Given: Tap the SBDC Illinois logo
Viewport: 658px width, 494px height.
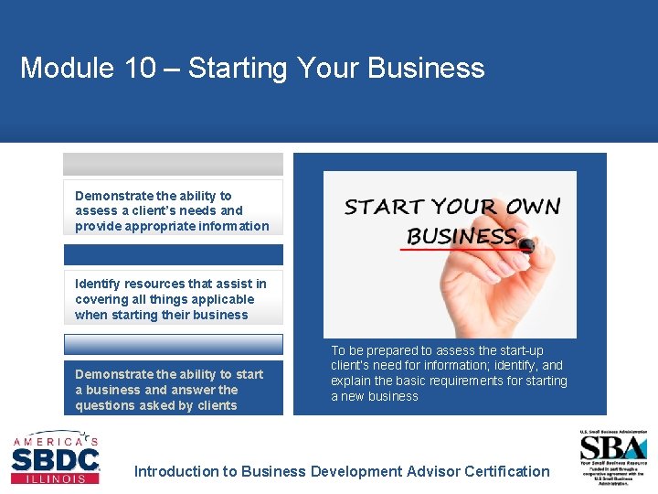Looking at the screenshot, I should point(55,457).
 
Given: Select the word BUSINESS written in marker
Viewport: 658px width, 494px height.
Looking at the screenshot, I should point(462,235).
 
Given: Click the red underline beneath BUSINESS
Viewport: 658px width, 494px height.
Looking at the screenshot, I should point(457,249).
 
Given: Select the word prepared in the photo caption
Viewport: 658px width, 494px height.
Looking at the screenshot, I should point(394,350).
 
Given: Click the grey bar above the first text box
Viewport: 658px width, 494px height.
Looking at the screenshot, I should point(173,165).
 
